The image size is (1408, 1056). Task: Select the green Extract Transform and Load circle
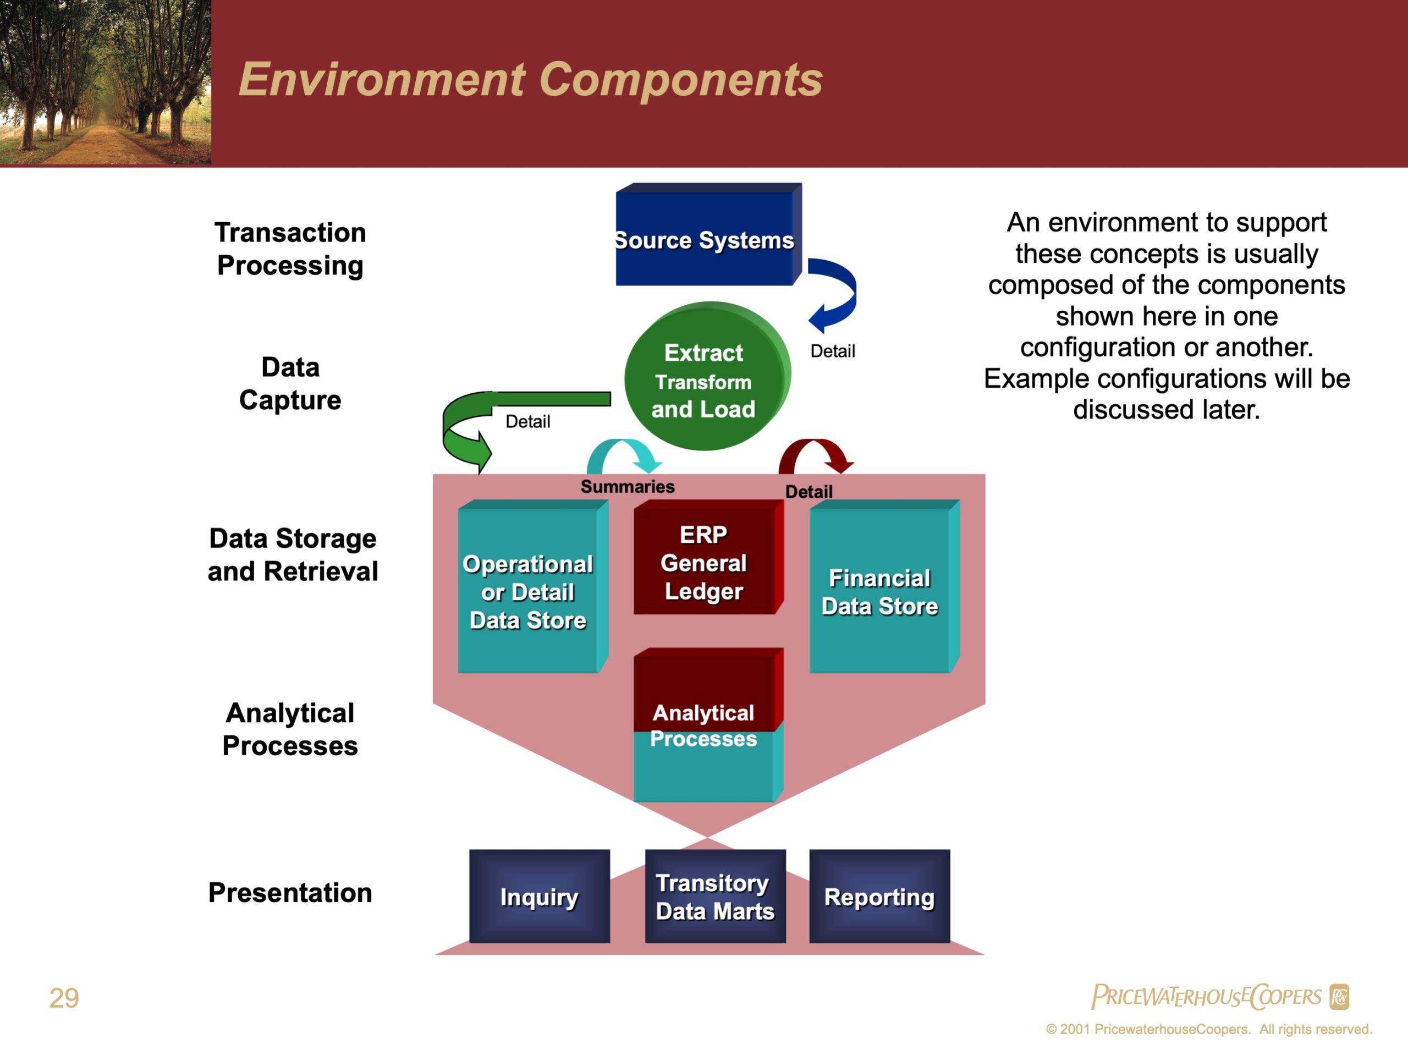tap(707, 376)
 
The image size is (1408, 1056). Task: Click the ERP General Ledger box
tap(708, 557)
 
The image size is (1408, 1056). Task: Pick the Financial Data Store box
tap(885, 586)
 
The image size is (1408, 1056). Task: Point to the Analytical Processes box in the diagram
tap(708, 725)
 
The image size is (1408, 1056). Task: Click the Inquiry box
tap(539, 897)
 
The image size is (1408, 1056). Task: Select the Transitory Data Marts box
tap(716, 897)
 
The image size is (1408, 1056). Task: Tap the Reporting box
tap(879, 897)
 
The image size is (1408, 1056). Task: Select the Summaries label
tap(628, 486)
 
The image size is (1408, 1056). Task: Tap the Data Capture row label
tap(290, 384)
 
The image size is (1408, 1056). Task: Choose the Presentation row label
tap(290, 893)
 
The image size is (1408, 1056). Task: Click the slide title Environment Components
tap(531, 80)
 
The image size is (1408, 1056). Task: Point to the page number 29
tap(64, 998)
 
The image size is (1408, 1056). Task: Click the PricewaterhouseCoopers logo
tap(1220, 996)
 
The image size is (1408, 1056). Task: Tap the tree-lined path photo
tap(106, 82)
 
